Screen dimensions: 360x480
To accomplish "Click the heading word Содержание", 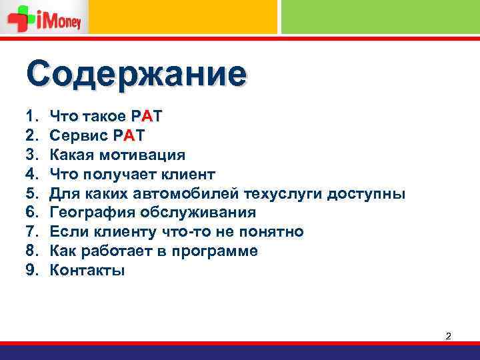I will coord(137,75).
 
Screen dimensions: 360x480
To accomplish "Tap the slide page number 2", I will coord(449,336).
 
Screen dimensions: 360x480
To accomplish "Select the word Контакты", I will coord(87,271).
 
